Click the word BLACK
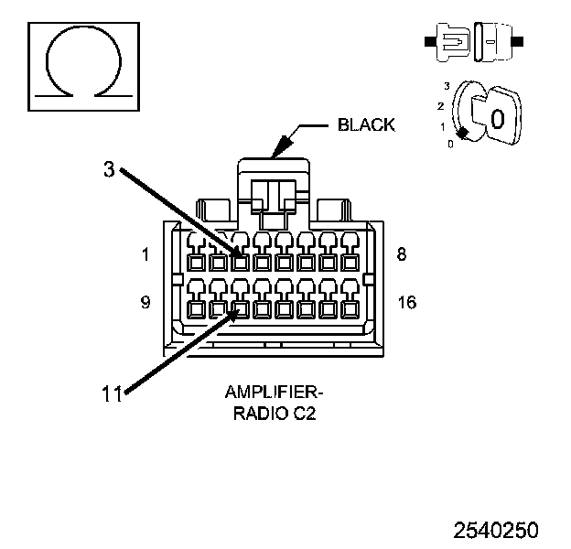click(366, 124)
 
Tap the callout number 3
click(109, 169)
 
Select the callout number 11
click(111, 393)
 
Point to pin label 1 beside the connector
click(145, 254)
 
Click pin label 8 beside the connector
click(402, 253)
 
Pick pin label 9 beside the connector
click(145, 302)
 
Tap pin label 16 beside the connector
click(407, 302)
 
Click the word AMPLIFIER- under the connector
click(274, 393)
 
